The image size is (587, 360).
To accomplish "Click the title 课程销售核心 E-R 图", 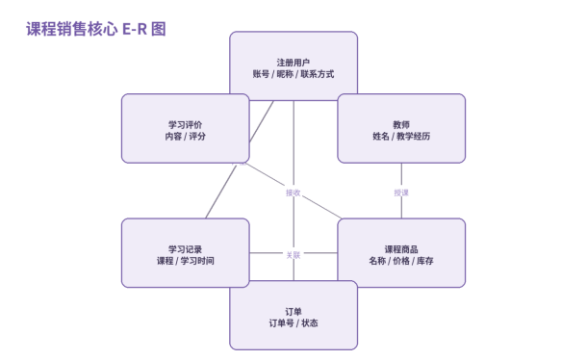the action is tap(96, 29).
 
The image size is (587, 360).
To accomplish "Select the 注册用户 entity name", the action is tap(293, 63).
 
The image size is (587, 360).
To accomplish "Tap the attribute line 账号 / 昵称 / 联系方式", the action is tap(293, 74).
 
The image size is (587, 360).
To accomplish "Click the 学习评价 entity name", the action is tap(186, 124).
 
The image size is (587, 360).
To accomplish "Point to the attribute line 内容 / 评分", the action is tap(186, 137).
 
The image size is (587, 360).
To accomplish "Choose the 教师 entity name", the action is tap(401, 124).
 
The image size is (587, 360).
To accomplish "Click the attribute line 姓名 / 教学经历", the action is tap(401, 137).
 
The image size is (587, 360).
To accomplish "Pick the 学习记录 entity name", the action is tap(186, 249).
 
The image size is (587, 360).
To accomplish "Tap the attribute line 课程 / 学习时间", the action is tap(186, 261).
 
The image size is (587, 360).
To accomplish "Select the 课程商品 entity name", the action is tap(401, 249).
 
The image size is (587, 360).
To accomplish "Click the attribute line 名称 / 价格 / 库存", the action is tap(401, 261).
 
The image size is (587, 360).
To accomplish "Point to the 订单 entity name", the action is tap(293, 311).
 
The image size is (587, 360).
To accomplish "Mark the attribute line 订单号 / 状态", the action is tap(293, 322).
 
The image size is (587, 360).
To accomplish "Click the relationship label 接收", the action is tap(293, 193).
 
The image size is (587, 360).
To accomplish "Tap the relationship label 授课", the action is tap(401, 193).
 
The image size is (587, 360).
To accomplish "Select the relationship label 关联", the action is tap(293, 255).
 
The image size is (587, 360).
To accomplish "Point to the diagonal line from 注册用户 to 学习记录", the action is tap(240, 160).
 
